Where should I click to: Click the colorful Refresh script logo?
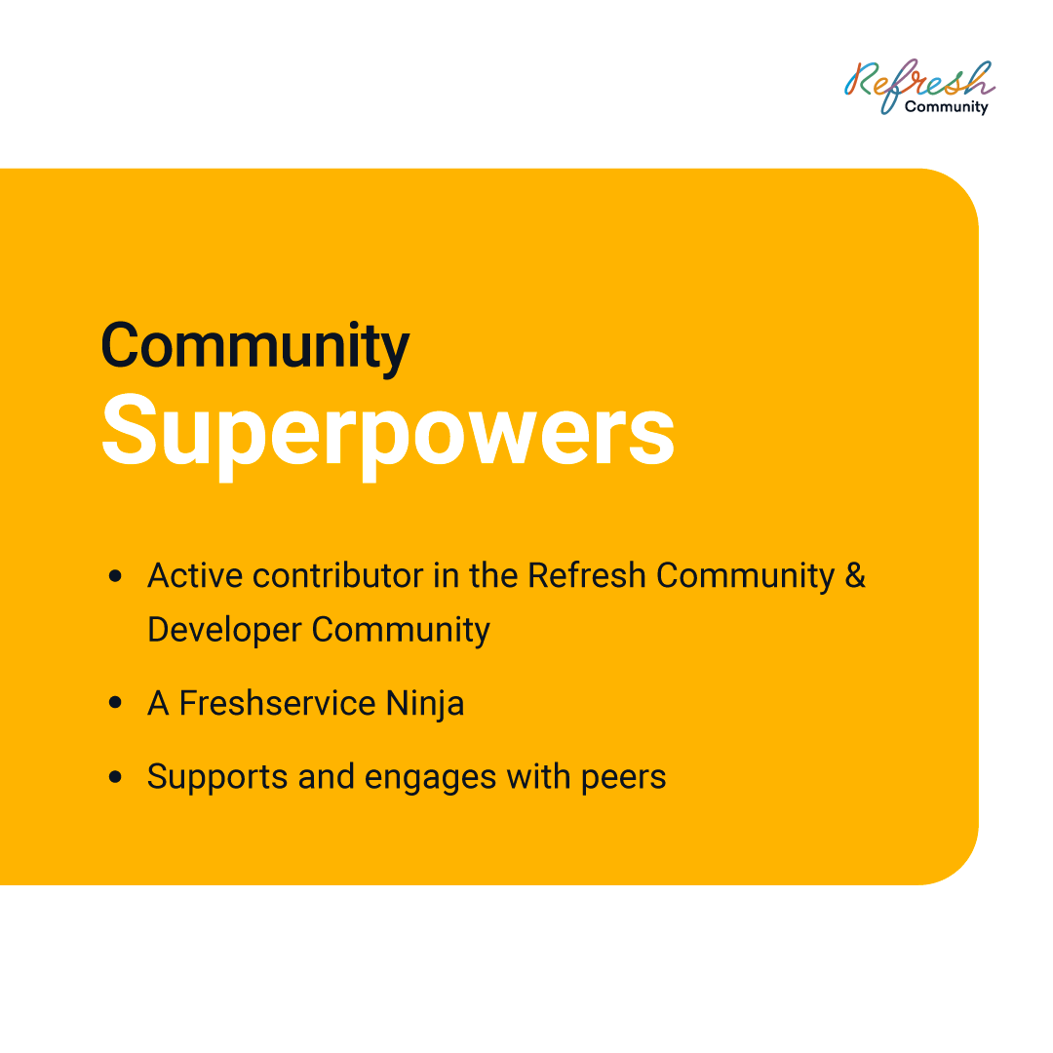[x=919, y=85]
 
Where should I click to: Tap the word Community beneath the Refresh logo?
[x=946, y=107]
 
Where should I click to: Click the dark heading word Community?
[x=255, y=347]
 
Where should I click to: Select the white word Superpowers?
[x=388, y=433]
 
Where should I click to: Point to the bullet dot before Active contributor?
[x=115, y=575]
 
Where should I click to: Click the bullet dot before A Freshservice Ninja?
[x=115, y=702]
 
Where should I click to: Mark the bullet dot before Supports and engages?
[x=115, y=776]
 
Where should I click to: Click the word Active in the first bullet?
[x=195, y=575]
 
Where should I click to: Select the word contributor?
[x=337, y=575]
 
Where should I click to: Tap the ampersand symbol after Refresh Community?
[x=855, y=575]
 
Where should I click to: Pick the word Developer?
[x=225, y=631]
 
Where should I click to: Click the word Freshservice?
[x=277, y=703]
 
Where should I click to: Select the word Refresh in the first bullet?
[x=587, y=575]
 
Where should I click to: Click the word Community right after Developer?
[x=401, y=631]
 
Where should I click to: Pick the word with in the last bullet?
[x=538, y=776]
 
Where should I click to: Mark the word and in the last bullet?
[x=327, y=776]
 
